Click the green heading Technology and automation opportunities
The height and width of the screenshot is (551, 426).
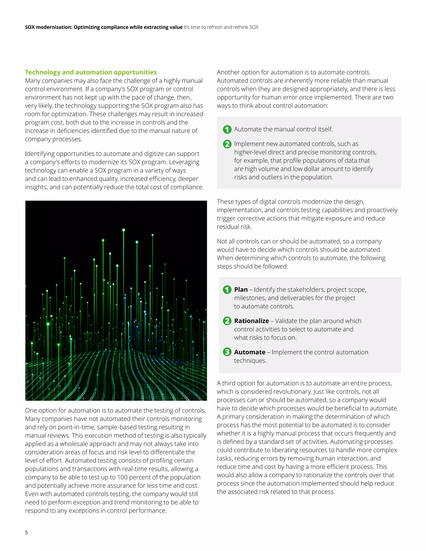[x=91, y=72]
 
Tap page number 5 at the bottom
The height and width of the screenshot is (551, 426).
[x=26, y=532]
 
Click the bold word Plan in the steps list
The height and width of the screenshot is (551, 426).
[x=241, y=290]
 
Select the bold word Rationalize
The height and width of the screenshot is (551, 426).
[x=251, y=321]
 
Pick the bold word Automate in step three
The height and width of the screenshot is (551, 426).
[x=250, y=352]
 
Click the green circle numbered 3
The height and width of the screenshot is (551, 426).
[x=227, y=352]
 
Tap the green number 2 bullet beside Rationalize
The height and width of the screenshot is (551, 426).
[x=227, y=321]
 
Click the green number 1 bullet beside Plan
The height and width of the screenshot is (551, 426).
[x=227, y=290]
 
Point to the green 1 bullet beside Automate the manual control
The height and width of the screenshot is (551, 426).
[x=227, y=129]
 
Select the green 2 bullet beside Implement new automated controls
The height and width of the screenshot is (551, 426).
[x=227, y=144]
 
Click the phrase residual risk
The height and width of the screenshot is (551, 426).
[x=234, y=227]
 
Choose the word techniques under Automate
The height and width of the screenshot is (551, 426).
[x=250, y=361]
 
